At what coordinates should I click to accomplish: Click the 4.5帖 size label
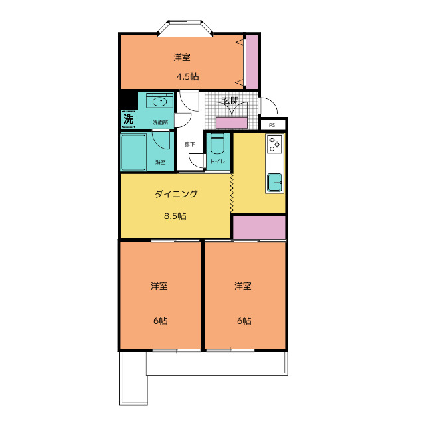click(187, 76)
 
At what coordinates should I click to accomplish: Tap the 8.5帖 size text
click(175, 216)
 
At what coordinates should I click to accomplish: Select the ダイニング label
click(176, 194)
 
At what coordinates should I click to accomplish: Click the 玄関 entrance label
click(230, 101)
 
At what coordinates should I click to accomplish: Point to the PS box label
click(272, 125)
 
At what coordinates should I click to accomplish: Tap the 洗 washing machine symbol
click(128, 120)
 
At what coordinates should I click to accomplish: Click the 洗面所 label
click(160, 122)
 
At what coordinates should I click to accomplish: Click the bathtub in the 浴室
click(133, 152)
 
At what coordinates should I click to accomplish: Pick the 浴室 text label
click(160, 162)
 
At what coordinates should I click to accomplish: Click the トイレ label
click(217, 162)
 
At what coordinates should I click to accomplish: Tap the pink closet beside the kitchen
click(258, 226)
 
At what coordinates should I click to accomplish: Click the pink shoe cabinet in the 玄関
click(232, 122)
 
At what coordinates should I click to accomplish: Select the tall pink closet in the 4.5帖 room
click(252, 62)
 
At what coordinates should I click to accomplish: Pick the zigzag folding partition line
click(232, 193)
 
